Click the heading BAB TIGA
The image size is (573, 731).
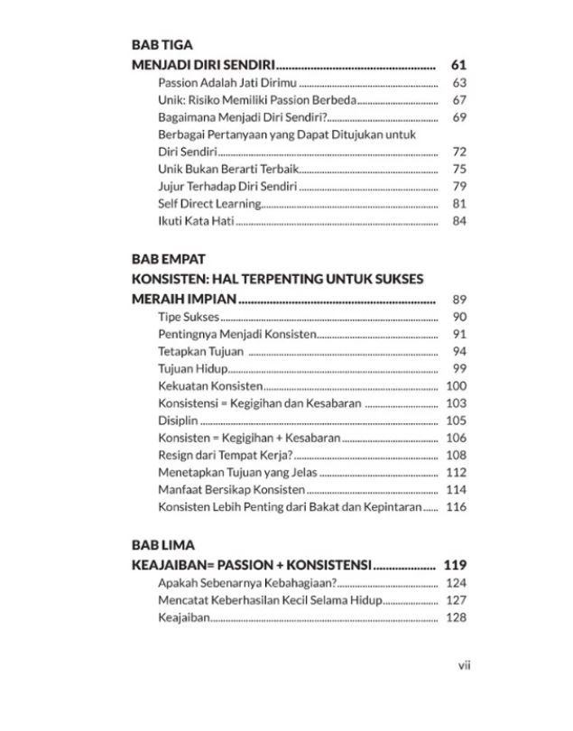pyautogui.click(x=162, y=43)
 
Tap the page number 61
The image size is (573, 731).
pyautogui.click(x=457, y=65)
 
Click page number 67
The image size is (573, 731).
pyautogui.click(x=458, y=100)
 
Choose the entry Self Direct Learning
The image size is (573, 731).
pyautogui.click(x=209, y=203)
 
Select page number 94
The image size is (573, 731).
pyautogui.click(x=458, y=351)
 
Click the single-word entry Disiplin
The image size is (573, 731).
pyautogui.click(x=178, y=421)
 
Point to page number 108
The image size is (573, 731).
pyautogui.click(x=456, y=455)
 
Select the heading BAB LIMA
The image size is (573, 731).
pyautogui.click(x=162, y=545)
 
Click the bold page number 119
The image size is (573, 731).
pyautogui.click(x=455, y=565)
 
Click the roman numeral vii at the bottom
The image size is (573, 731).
pyautogui.click(x=465, y=665)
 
